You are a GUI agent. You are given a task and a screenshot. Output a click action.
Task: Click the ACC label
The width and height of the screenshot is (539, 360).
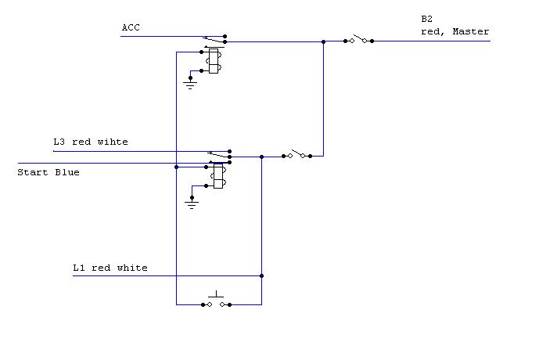click(131, 27)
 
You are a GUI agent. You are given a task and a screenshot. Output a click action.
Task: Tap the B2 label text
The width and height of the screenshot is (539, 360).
click(426, 18)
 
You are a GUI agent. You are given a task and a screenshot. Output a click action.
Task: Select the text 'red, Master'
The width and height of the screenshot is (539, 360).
click(455, 31)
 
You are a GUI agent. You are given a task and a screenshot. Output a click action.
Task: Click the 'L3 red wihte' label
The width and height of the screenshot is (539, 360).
click(90, 142)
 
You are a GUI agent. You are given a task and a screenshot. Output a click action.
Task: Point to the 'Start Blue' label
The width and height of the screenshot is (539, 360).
click(49, 172)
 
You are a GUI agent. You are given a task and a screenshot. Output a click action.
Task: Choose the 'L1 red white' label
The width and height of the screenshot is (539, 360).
click(110, 268)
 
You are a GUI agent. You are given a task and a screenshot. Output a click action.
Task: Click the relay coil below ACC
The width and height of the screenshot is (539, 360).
click(213, 61)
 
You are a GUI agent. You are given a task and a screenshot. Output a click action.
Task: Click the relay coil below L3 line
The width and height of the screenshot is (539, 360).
click(217, 176)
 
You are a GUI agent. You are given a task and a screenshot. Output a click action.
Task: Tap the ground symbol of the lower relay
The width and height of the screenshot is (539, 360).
click(190, 203)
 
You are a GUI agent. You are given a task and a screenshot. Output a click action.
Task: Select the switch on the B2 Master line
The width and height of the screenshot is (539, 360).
click(358, 39)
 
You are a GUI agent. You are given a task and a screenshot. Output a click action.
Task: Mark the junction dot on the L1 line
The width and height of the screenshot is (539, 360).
click(261, 275)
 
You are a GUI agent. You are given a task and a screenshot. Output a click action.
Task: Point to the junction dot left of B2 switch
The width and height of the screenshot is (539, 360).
click(323, 41)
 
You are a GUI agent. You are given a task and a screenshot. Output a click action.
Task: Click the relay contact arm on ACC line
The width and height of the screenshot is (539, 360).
click(213, 38)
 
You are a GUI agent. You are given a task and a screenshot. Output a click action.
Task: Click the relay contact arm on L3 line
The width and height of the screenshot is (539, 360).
click(217, 153)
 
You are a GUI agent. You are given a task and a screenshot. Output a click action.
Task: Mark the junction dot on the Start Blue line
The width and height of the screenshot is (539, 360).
click(177, 167)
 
